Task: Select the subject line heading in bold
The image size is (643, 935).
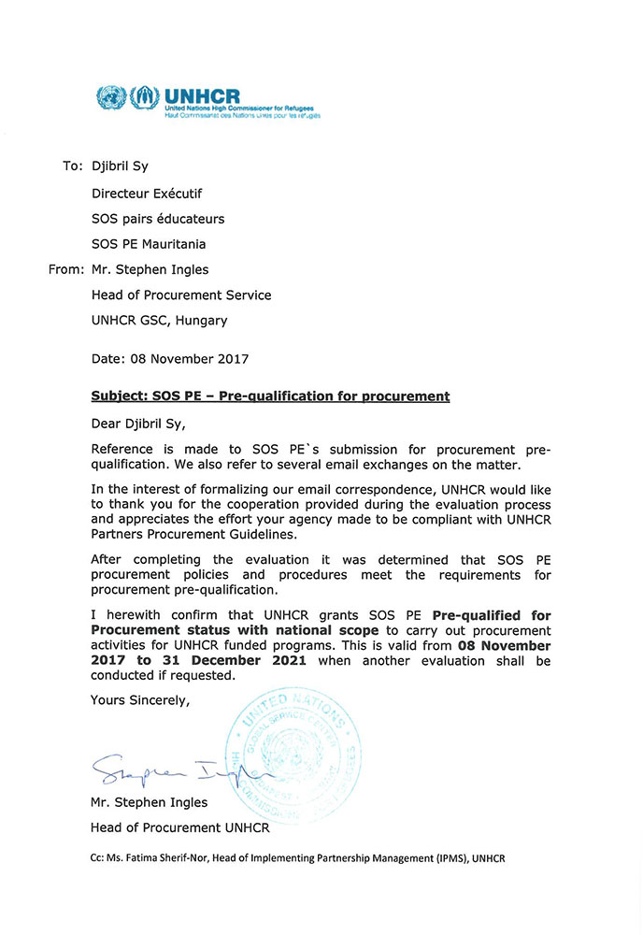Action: [270, 396]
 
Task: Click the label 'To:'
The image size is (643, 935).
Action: [73, 166]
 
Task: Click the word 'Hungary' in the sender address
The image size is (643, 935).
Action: [201, 320]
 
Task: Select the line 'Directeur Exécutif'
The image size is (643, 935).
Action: [147, 194]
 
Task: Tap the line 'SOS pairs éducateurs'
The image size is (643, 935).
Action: [158, 219]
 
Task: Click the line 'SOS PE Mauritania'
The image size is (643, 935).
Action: [150, 244]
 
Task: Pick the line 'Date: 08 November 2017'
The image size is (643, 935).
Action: [169, 358]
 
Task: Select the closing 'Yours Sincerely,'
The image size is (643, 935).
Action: [139, 699]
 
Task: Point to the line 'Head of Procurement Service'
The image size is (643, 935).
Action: [181, 295]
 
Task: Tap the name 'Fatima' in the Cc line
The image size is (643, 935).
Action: [165, 858]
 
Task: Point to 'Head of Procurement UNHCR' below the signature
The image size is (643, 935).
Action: [179, 827]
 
